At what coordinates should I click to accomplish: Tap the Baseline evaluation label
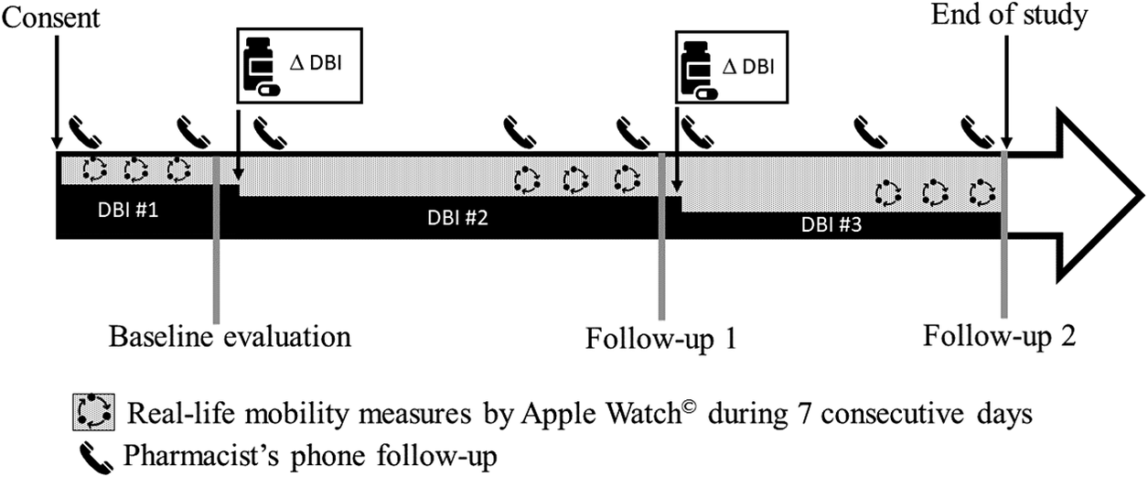tap(230, 336)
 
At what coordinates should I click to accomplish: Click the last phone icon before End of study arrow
tap(981, 133)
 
